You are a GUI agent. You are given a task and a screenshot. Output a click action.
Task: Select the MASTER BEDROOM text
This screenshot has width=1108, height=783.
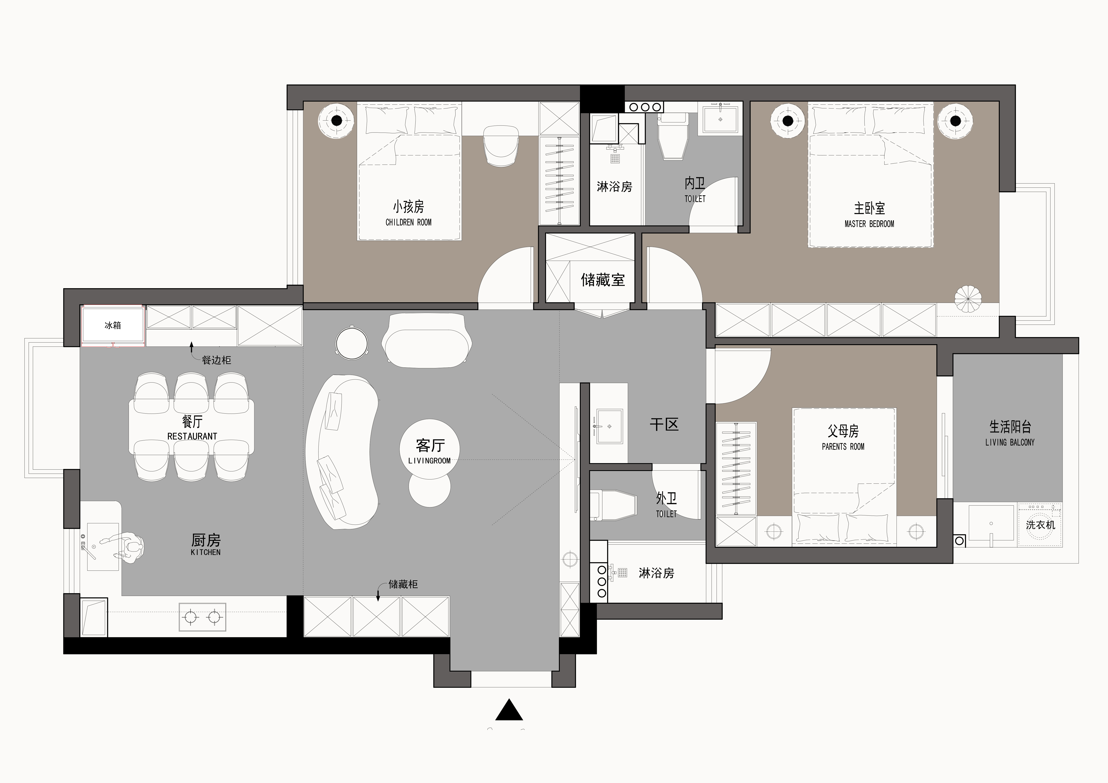(869, 224)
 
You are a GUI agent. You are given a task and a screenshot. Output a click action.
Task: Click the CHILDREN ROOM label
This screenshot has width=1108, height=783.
(408, 222)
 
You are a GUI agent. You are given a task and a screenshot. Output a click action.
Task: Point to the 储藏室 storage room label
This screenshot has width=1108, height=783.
(603, 280)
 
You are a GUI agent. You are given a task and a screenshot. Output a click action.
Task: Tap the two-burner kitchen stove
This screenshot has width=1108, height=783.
(202, 616)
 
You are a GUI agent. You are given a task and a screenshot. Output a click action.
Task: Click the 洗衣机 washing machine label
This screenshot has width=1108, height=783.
(1040, 525)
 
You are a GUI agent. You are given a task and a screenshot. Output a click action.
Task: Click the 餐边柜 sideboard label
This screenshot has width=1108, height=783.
(216, 360)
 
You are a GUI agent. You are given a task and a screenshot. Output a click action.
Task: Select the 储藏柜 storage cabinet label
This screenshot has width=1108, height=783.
(403, 584)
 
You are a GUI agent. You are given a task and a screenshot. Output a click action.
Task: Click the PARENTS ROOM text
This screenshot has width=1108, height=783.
(843, 447)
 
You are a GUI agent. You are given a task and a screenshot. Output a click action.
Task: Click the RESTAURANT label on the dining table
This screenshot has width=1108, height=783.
(192, 436)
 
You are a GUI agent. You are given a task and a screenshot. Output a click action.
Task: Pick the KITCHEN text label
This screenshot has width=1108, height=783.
(206, 552)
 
